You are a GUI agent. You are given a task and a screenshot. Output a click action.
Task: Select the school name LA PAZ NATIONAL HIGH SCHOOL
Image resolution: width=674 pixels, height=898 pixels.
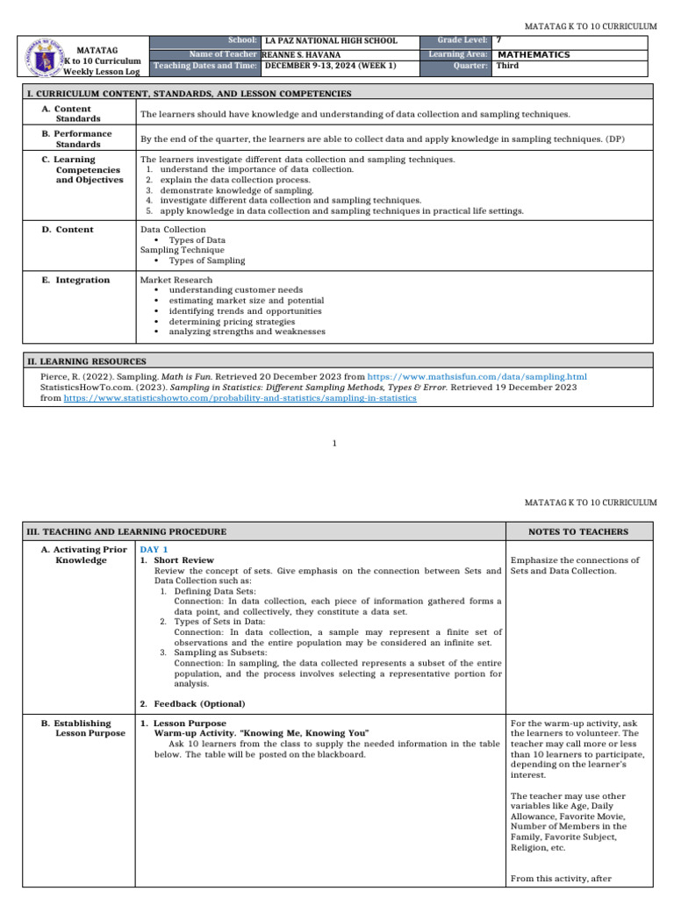tap(331, 41)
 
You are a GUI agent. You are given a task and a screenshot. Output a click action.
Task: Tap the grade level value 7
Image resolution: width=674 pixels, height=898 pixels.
tap(499, 41)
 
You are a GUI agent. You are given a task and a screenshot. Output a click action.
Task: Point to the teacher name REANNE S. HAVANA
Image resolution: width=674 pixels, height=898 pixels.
tap(302, 54)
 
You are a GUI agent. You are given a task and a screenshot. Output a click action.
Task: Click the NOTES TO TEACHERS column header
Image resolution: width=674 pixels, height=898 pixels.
tap(578, 531)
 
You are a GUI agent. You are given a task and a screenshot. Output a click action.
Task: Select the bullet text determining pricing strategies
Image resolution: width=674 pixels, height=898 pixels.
tap(232, 322)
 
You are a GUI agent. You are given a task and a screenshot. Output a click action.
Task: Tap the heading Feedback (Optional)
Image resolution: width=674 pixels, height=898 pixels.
tap(199, 703)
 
